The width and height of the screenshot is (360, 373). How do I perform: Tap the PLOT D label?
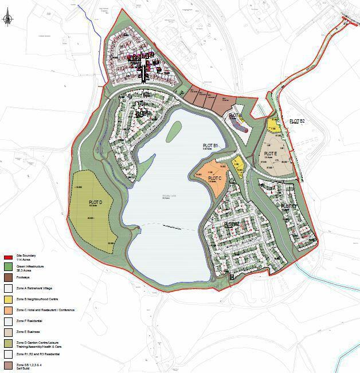(x=95, y=203)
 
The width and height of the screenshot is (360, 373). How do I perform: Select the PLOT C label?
(x=215, y=179)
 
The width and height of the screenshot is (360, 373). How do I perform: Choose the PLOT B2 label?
(x=297, y=121)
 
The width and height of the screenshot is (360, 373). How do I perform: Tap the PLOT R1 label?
(x=289, y=206)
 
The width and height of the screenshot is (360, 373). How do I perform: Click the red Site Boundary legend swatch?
(x=8, y=258)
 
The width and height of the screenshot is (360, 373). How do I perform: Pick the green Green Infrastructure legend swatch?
(x=8, y=267)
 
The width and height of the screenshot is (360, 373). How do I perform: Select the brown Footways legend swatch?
(x=8, y=278)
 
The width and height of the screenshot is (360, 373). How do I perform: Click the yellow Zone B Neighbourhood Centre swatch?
(x=8, y=299)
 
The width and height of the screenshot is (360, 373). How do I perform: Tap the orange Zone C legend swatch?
(x=8, y=310)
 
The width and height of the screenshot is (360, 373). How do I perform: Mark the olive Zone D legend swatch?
(x=8, y=343)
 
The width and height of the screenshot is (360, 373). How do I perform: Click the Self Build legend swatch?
(x=8, y=365)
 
